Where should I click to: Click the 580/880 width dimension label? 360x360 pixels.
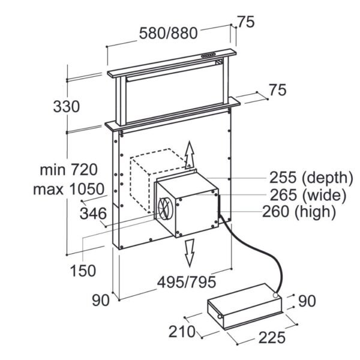(168, 33)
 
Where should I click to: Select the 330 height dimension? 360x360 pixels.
(67, 107)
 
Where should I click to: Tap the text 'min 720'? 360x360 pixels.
(68, 170)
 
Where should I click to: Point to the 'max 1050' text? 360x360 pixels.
(68, 189)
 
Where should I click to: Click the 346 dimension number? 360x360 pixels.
(93, 213)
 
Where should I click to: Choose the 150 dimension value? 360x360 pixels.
(83, 271)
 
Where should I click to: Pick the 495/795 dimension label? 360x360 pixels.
(187, 282)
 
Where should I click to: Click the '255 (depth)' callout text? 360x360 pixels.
(311, 178)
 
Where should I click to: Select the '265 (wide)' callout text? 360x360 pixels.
(308, 195)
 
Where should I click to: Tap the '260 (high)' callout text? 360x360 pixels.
(299, 211)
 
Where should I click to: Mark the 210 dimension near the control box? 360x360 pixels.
(182, 332)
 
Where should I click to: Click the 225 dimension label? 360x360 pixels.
(272, 337)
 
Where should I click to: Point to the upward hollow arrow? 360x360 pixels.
(190, 155)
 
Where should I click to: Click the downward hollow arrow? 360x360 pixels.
(190, 253)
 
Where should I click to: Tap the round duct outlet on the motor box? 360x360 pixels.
(165, 208)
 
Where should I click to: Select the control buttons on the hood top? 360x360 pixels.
(208, 55)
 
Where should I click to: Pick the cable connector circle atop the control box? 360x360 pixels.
(276, 295)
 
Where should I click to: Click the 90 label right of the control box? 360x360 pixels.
(307, 301)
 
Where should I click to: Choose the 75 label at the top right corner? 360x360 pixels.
(246, 22)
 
